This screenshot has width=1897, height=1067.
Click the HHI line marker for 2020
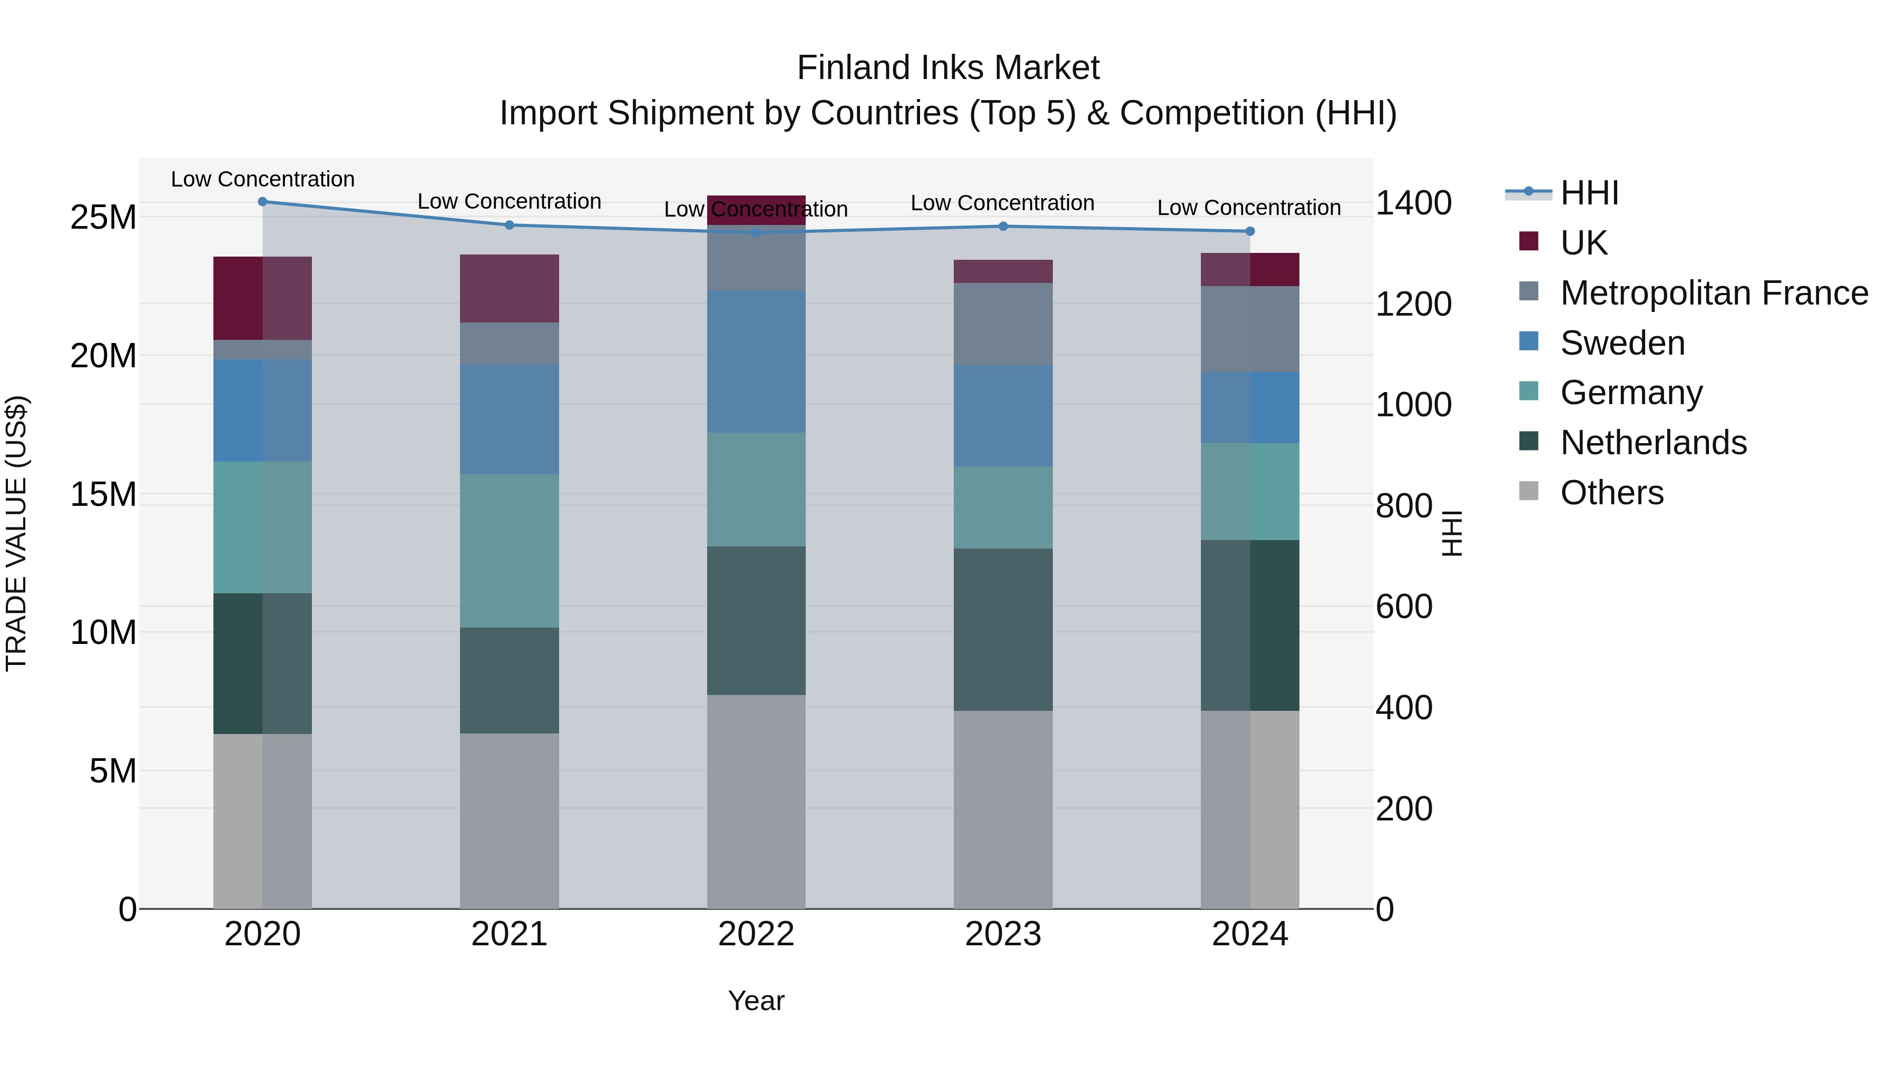click(262, 201)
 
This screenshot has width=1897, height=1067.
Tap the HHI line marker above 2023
click(1003, 226)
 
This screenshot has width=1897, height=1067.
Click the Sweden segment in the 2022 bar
click(756, 361)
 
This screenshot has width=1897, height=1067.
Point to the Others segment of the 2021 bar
click(509, 820)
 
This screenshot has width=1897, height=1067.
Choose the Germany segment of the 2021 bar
click(509, 550)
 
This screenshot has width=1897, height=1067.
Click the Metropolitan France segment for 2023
click(1003, 324)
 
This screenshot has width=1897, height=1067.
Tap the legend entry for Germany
click(1630, 393)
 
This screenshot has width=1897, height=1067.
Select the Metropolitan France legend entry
click(1713, 293)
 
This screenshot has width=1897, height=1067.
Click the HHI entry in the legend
click(1589, 193)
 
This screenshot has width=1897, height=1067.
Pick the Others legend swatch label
click(1611, 493)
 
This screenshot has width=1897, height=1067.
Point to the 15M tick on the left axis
click(103, 494)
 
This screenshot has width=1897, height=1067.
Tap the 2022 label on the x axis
click(756, 934)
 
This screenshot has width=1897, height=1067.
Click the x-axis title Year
click(756, 1001)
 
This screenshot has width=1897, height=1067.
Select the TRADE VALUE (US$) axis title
click(16, 533)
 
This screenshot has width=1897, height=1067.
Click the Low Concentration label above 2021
click(509, 201)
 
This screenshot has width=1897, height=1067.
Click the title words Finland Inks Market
click(948, 68)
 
